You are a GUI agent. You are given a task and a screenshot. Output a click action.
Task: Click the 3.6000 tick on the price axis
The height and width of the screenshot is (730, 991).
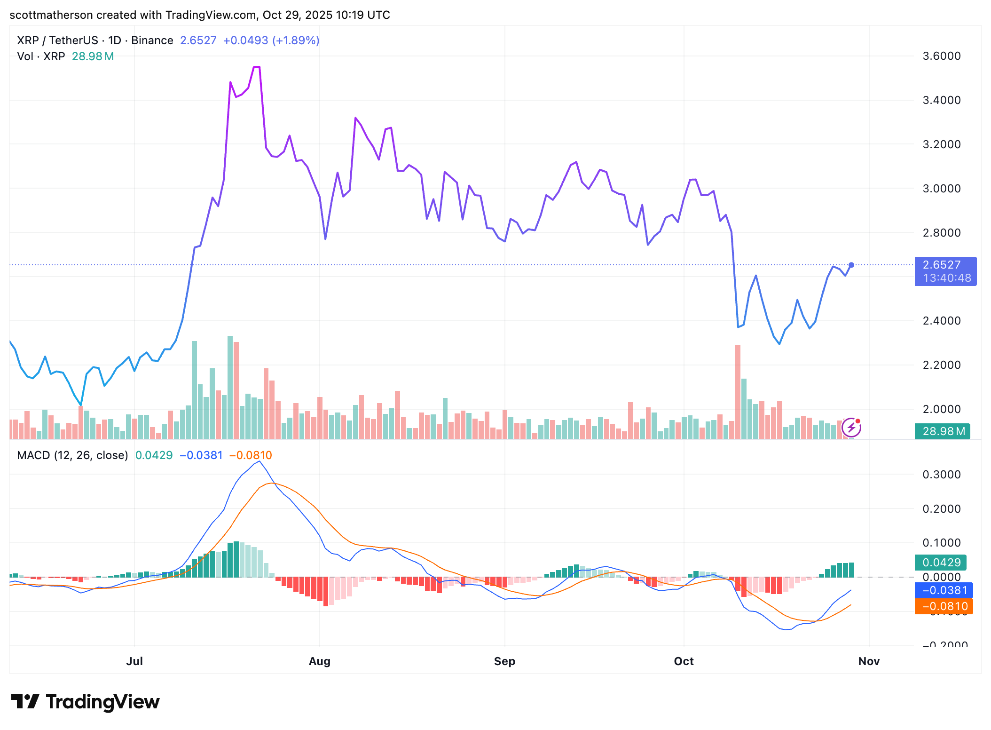click(941, 56)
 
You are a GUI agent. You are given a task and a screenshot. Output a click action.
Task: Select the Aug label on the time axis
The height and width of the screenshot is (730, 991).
click(319, 661)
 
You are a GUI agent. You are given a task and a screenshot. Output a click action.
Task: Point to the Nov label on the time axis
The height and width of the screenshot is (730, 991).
click(868, 661)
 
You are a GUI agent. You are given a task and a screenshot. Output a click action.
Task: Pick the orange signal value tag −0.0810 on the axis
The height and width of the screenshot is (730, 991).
click(944, 606)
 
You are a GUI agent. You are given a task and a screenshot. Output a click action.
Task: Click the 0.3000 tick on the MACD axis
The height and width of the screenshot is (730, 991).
click(941, 474)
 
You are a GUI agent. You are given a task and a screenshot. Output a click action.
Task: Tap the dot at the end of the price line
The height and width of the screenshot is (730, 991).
click(851, 265)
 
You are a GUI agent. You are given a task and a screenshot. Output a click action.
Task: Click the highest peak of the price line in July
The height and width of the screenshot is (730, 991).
click(257, 67)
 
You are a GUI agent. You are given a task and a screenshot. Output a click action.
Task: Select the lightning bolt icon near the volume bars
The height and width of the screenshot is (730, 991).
click(851, 428)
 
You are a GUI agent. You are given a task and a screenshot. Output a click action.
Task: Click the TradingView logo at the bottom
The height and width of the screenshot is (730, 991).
click(85, 701)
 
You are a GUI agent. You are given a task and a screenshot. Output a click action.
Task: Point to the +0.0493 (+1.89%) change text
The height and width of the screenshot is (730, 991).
click(271, 40)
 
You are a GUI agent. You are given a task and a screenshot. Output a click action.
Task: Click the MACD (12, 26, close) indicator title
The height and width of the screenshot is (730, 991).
click(72, 455)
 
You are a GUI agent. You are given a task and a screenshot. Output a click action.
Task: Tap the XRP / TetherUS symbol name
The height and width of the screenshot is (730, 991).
click(57, 40)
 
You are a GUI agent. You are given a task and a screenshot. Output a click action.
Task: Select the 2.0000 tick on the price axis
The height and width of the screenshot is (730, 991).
click(941, 409)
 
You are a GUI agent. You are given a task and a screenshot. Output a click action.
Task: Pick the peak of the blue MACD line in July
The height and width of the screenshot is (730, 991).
click(259, 461)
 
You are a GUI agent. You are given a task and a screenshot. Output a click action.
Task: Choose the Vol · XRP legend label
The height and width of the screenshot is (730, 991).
click(41, 56)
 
